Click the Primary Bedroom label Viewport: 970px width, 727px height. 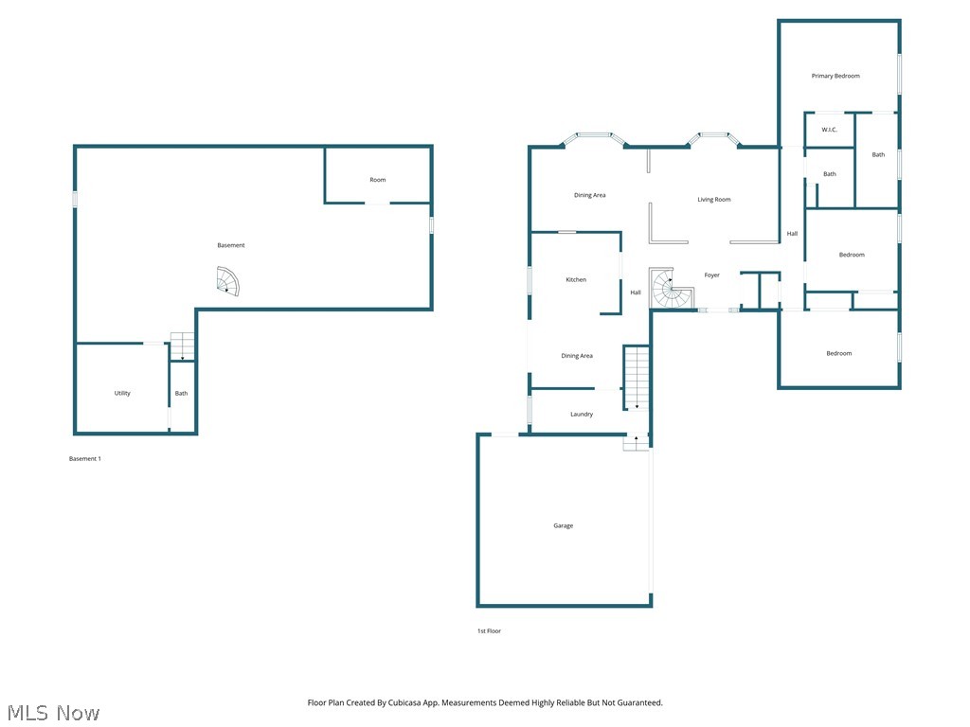[x=835, y=76]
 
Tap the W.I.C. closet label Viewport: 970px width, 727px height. [x=829, y=130]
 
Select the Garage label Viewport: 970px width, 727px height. [x=563, y=525]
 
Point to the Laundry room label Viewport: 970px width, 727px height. [x=582, y=415]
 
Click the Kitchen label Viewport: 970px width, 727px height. [x=576, y=279]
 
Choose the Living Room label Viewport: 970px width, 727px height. [x=714, y=200]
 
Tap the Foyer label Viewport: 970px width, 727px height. [x=712, y=275]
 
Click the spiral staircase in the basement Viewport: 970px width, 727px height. [x=227, y=281]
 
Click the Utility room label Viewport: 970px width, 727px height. [x=122, y=393]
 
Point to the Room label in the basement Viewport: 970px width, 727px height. [x=377, y=180]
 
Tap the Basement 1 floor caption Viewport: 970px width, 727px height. [x=84, y=459]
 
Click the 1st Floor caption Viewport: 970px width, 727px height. [x=489, y=631]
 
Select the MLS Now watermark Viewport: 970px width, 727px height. [x=53, y=713]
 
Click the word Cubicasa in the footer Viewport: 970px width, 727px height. [x=407, y=703]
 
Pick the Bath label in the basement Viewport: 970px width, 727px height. [x=181, y=393]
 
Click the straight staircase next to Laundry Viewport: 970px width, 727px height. [x=636, y=378]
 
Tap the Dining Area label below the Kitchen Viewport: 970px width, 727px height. [x=577, y=356]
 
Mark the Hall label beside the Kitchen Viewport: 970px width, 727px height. [x=636, y=293]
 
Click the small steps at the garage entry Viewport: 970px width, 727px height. [x=636, y=443]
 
